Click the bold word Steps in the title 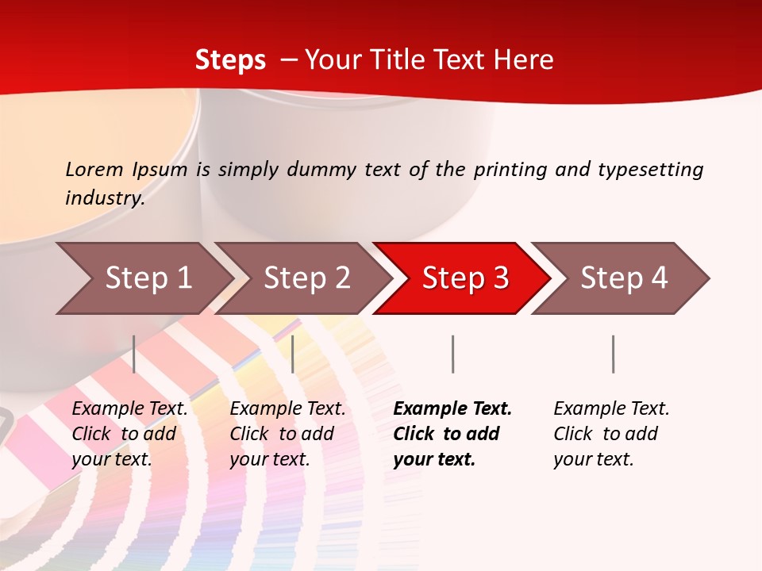[230, 60]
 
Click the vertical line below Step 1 [134, 354]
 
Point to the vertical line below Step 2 [293, 354]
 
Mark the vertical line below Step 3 [452, 354]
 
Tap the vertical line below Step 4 [613, 354]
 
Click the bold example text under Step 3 [452, 434]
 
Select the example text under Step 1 [129, 434]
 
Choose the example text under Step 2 [287, 434]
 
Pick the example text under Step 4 [611, 434]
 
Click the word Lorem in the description [94, 169]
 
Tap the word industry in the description [105, 198]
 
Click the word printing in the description [510, 170]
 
